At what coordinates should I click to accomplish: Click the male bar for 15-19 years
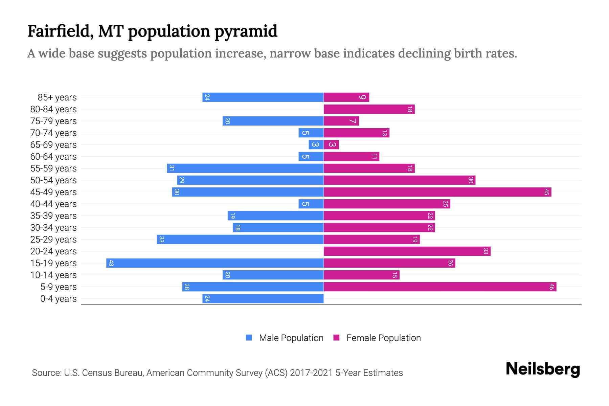pos(215,263)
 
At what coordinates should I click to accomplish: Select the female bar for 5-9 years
pos(440,287)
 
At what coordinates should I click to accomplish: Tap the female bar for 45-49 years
pos(437,192)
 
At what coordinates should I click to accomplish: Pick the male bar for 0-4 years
pos(263,298)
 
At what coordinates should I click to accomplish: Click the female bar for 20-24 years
pos(407,251)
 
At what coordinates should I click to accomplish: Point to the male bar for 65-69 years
pos(316,144)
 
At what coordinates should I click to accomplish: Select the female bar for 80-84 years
pos(369,109)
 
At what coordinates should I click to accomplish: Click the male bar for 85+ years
pos(263,97)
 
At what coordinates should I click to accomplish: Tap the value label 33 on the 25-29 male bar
pos(161,240)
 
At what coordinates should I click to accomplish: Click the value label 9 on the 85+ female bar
pos(362,97)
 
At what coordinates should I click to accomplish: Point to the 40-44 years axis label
pos(53,204)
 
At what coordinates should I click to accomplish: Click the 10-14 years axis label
pos(53,275)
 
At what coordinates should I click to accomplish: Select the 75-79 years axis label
pos(53,121)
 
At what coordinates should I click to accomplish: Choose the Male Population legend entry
pos(291,338)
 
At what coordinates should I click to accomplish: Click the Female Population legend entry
pos(383,338)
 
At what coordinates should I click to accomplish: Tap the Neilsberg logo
pos(543,369)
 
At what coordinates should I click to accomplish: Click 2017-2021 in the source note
pos(311,373)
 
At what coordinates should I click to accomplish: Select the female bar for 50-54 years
pos(399,180)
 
